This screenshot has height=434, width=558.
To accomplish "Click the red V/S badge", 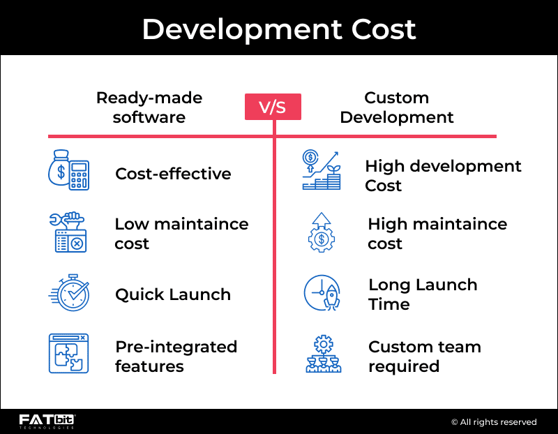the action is pyautogui.click(x=273, y=107).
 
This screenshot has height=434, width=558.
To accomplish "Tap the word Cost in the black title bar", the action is pyautogui.click(x=384, y=29).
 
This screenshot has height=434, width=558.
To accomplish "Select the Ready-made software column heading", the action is pyautogui.click(x=149, y=107).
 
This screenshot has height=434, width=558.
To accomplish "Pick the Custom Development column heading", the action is pyautogui.click(x=397, y=107).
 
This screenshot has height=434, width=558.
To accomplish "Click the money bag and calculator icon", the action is pyautogui.click(x=68, y=170).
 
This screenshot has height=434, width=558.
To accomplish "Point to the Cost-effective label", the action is pyautogui.click(x=173, y=174).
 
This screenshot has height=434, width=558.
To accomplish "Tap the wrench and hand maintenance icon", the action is pyautogui.click(x=68, y=232).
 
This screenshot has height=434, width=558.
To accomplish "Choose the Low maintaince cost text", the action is pyautogui.click(x=181, y=234).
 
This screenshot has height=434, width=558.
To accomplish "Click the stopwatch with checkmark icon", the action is pyautogui.click(x=68, y=292).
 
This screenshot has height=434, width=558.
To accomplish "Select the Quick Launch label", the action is pyautogui.click(x=173, y=294).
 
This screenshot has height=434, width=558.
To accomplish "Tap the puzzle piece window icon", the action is pyautogui.click(x=68, y=353).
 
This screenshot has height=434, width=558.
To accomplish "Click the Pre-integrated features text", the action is pyautogui.click(x=176, y=357).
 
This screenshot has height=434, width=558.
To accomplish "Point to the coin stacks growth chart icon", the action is pyautogui.click(x=322, y=170).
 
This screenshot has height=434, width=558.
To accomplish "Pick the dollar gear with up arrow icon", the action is pyautogui.click(x=322, y=232).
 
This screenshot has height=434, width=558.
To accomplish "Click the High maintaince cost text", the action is pyautogui.click(x=437, y=234).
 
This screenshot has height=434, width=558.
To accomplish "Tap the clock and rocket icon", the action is pyautogui.click(x=322, y=292).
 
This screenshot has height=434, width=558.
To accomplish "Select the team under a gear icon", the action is pyautogui.click(x=323, y=354).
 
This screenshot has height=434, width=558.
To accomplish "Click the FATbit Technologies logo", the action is pyautogui.click(x=47, y=421).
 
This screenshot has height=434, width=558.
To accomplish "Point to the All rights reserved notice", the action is pyautogui.click(x=494, y=422).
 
